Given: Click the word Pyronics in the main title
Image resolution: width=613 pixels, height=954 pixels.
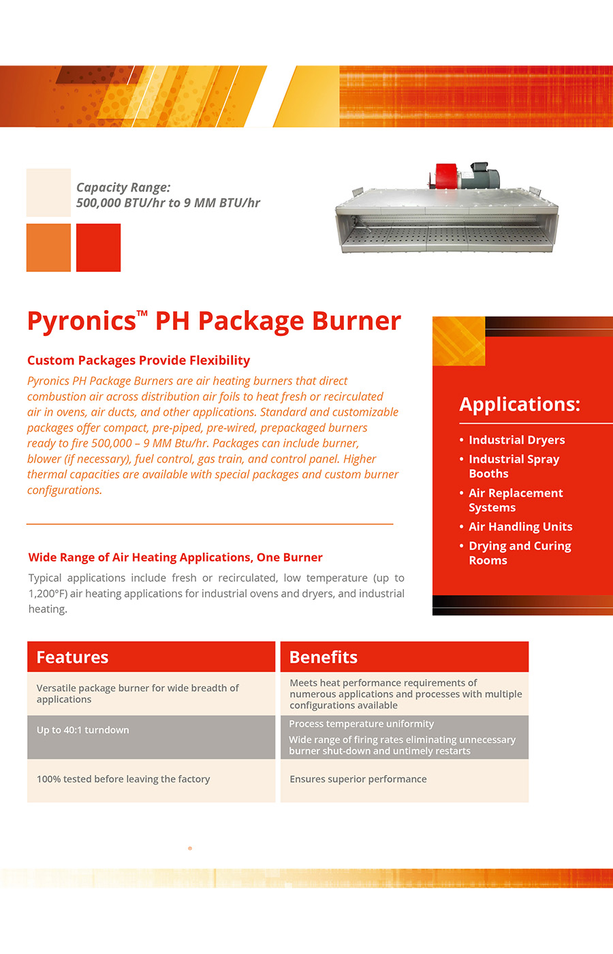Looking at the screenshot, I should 82,321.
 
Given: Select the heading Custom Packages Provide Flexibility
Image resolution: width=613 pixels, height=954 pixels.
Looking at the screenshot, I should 138,360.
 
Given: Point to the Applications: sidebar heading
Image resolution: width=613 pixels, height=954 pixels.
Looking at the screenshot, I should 520,404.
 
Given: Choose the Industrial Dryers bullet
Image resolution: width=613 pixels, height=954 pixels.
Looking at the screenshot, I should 516,440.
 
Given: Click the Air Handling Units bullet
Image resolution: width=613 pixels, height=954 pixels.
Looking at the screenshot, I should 520,527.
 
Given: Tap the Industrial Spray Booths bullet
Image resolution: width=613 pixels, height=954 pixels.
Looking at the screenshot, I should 514,467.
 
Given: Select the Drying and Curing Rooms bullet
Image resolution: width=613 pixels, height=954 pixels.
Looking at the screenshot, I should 519,553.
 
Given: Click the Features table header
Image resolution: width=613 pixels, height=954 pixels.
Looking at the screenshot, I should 72,658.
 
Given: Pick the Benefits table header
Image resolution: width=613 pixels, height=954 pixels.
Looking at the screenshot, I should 324,658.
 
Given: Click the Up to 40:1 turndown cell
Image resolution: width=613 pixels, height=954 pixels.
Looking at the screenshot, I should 83,730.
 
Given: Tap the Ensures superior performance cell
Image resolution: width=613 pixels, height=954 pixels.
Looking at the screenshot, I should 358,780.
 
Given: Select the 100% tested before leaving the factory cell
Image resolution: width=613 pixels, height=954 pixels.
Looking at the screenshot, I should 123,780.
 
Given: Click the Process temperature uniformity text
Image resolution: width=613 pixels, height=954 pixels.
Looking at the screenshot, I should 361,724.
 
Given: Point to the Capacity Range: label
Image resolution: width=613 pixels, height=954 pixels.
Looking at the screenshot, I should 123,187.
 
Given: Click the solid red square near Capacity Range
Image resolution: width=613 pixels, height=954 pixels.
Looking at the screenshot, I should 98,247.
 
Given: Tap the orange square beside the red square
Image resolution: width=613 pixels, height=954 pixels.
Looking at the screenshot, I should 48,247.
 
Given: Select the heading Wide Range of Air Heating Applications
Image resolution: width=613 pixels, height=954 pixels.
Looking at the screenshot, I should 175,557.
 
